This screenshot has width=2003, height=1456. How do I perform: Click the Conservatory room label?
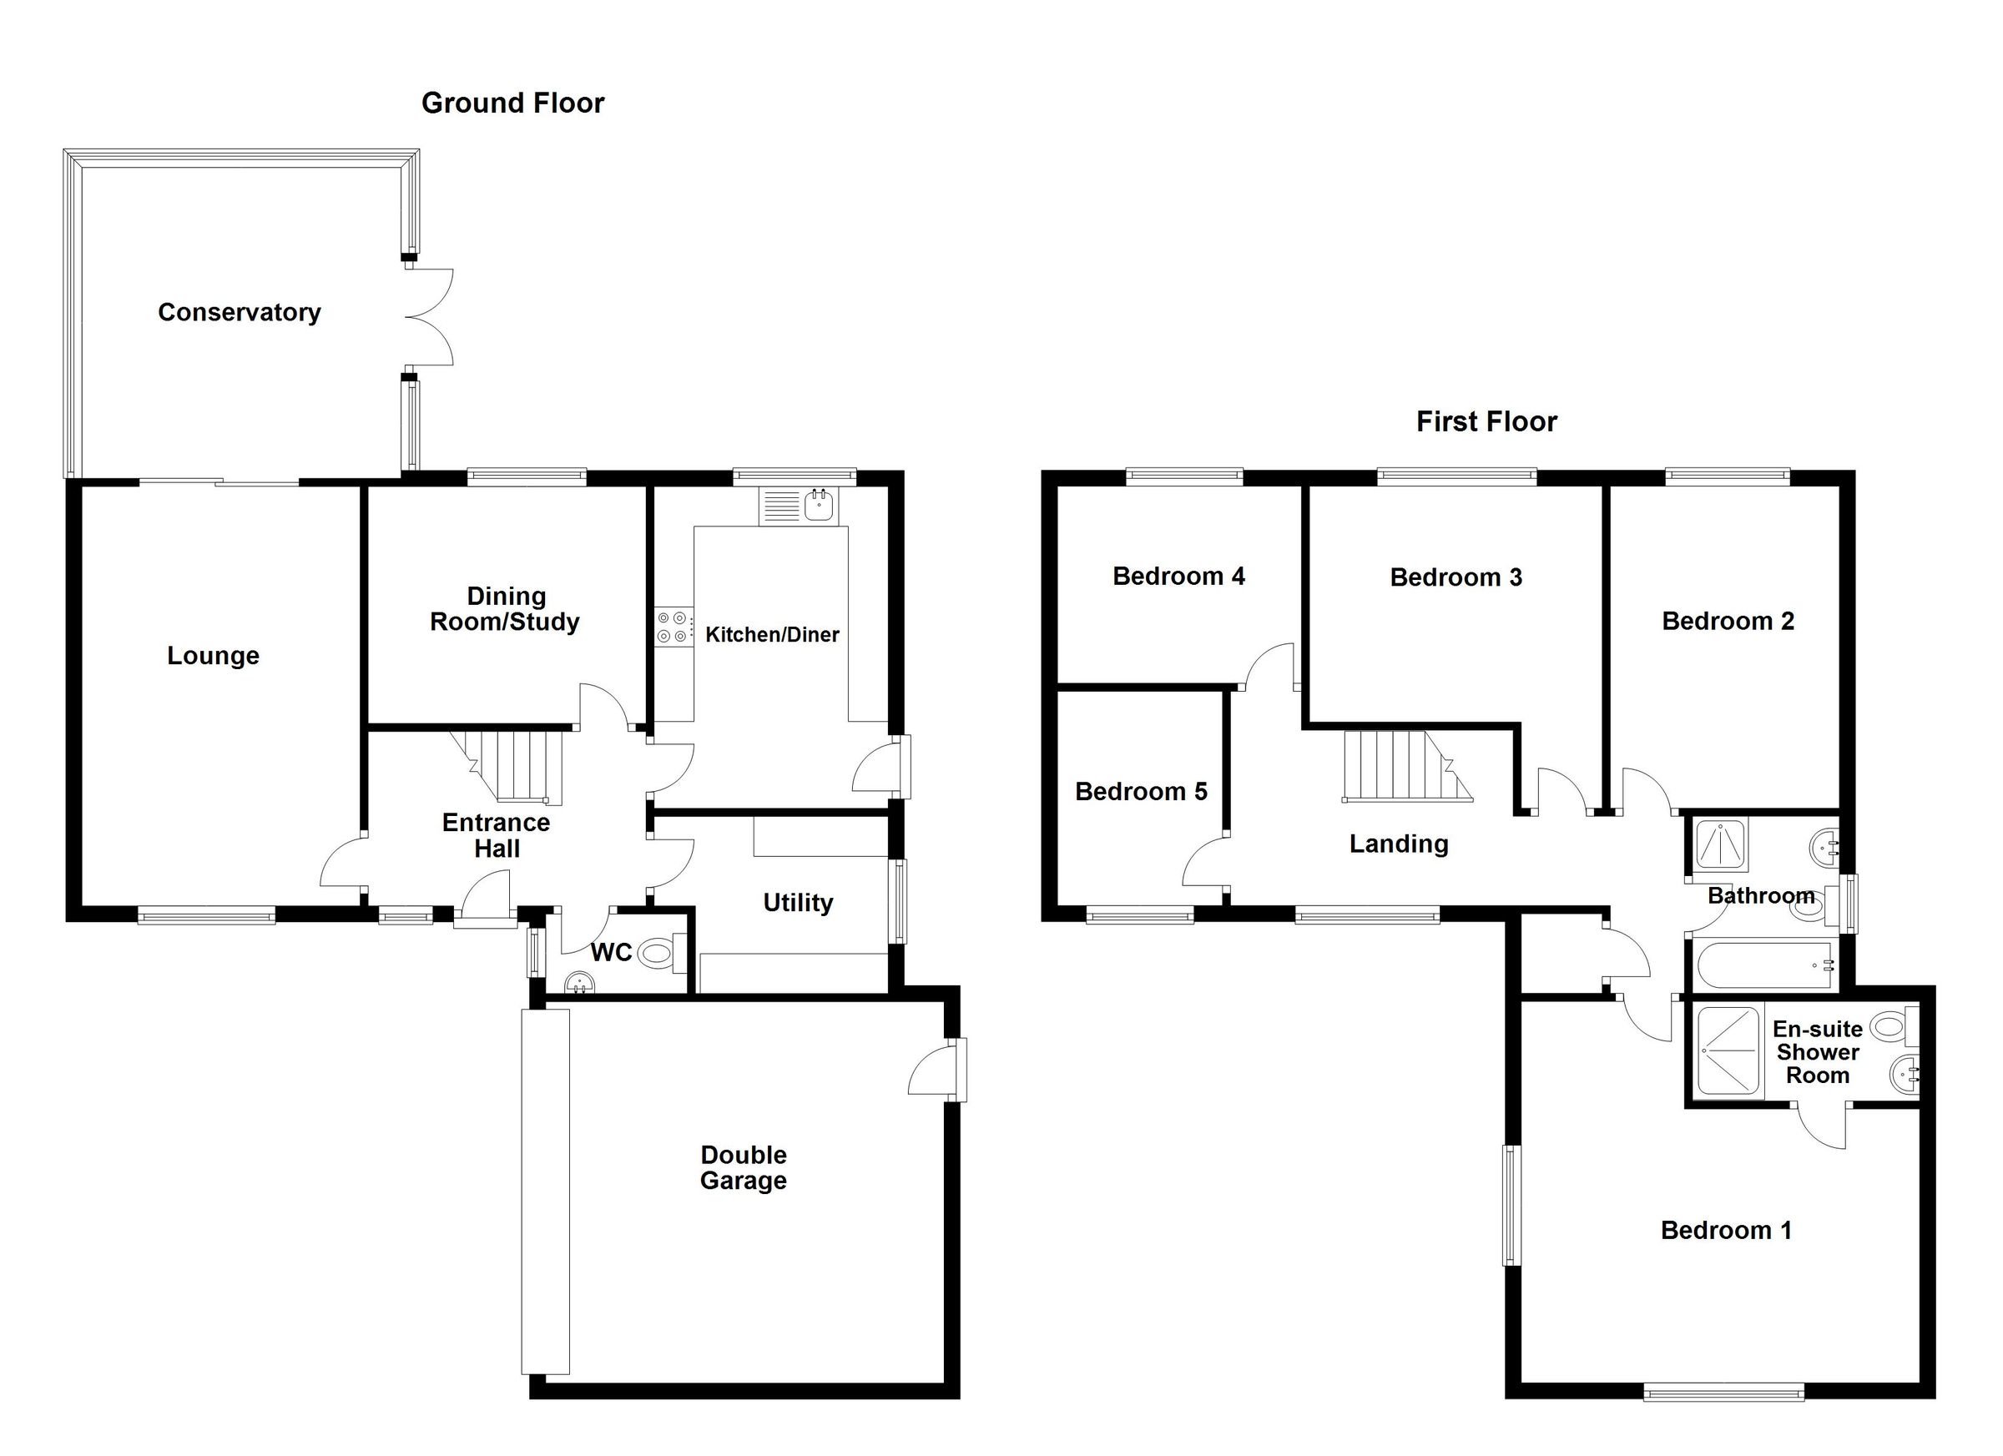point(240,313)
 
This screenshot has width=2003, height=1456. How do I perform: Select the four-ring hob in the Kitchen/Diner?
point(672,627)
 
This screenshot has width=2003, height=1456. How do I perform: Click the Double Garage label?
point(743,1167)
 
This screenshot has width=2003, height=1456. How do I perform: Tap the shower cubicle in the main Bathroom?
point(1718,846)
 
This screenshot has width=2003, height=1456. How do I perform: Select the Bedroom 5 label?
point(1140,792)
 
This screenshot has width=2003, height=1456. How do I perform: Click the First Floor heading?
point(1486,422)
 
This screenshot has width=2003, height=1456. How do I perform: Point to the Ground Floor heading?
point(512,103)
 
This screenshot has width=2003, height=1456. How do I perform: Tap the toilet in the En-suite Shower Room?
point(1888,1027)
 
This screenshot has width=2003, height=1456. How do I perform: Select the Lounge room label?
point(213,656)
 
